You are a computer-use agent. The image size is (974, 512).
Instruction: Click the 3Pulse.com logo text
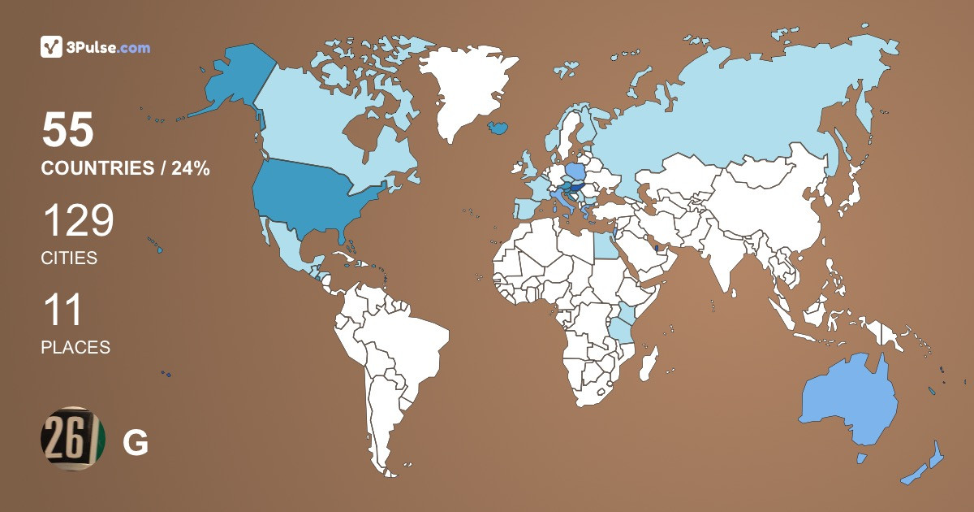(x=109, y=48)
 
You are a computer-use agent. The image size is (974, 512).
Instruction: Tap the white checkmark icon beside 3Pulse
(x=52, y=47)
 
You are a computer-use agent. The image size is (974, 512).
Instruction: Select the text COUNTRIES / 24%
(x=126, y=169)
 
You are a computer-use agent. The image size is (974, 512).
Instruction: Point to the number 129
(x=78, y=220)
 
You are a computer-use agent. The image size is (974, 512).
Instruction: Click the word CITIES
(x=69, y=258)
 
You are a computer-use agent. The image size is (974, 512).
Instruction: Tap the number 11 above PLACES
(x=62, y=310)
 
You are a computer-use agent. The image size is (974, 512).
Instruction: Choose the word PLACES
(x=75, y=347)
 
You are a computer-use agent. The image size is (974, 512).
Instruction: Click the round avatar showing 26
(x=74, y=440)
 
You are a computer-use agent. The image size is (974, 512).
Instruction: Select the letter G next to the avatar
(x=135, y=443)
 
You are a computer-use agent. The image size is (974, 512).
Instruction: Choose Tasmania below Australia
(x=861, y=458)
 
